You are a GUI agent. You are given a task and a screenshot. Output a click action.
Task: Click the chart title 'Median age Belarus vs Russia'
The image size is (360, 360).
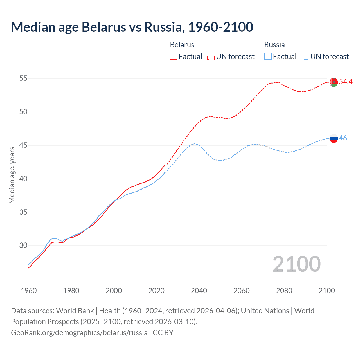(132, 27)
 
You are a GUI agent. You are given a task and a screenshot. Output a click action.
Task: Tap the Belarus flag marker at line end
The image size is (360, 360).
(334, 82)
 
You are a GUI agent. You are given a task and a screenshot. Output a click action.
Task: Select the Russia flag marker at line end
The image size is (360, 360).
(334, 138)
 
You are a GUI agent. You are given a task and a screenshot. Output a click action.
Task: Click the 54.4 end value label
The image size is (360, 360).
(346, 82)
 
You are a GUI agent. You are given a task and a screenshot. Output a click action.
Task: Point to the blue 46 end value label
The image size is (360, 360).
(343, 138)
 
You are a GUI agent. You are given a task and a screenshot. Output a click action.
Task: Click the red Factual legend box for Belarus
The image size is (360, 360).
(174, 57)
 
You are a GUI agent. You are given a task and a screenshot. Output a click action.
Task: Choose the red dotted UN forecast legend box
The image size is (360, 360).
(211, 57)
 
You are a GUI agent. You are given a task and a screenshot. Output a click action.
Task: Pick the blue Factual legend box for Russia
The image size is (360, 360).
(268, 57)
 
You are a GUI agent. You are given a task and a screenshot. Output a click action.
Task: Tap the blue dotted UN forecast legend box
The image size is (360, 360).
(305, 57)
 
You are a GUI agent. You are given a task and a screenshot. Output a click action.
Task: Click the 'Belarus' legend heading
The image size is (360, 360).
(182, 45)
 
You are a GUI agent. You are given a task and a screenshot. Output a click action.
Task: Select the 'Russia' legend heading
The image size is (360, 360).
(274, 45)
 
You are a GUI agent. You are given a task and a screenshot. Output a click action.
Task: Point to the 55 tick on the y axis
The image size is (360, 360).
(23, 78)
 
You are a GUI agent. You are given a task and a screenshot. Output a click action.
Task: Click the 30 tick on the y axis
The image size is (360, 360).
(23, 245)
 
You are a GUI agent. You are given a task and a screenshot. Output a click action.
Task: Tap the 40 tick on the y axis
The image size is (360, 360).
(23, 179)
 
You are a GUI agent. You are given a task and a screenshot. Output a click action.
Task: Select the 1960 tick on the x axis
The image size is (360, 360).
(29, 291)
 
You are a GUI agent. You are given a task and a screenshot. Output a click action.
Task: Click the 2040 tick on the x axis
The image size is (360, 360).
(199, 291)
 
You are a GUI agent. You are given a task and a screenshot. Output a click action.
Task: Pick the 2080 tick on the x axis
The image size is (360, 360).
(284, 291)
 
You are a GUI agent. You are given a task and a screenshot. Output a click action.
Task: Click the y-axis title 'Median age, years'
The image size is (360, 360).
(12, 175)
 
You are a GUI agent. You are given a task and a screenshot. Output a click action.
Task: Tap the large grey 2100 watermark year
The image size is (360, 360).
(296, 264)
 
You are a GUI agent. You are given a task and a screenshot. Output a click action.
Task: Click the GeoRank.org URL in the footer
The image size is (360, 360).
(79, 333)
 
